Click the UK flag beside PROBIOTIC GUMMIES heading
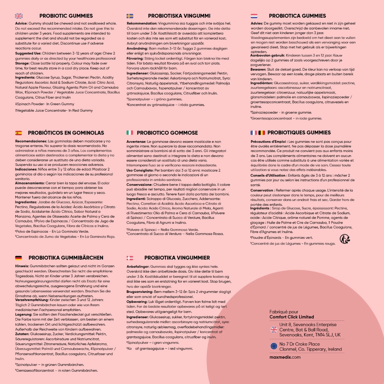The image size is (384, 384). [19, 16]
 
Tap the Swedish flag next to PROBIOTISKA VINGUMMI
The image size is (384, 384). [130, 16]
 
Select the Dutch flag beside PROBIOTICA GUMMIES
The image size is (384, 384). [254, 16]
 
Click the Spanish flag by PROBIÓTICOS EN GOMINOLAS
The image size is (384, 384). [18, 133]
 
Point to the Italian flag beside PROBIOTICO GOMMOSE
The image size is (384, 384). [130, 133]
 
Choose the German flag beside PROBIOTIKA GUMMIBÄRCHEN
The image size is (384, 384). [18, 258]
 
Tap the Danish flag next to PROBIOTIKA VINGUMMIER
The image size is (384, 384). [130, 258]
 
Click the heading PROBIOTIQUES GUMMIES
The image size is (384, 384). [299, 133]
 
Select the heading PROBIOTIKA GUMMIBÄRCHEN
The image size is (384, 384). [66, 258]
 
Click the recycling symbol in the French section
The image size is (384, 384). [344, 239]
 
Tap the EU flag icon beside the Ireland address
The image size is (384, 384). [274, 346]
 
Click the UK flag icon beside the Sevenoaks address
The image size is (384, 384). [274, 329]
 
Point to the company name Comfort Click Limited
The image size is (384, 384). [291, 317]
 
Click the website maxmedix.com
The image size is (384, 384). [285, 357]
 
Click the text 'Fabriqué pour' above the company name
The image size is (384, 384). [284, 312]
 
